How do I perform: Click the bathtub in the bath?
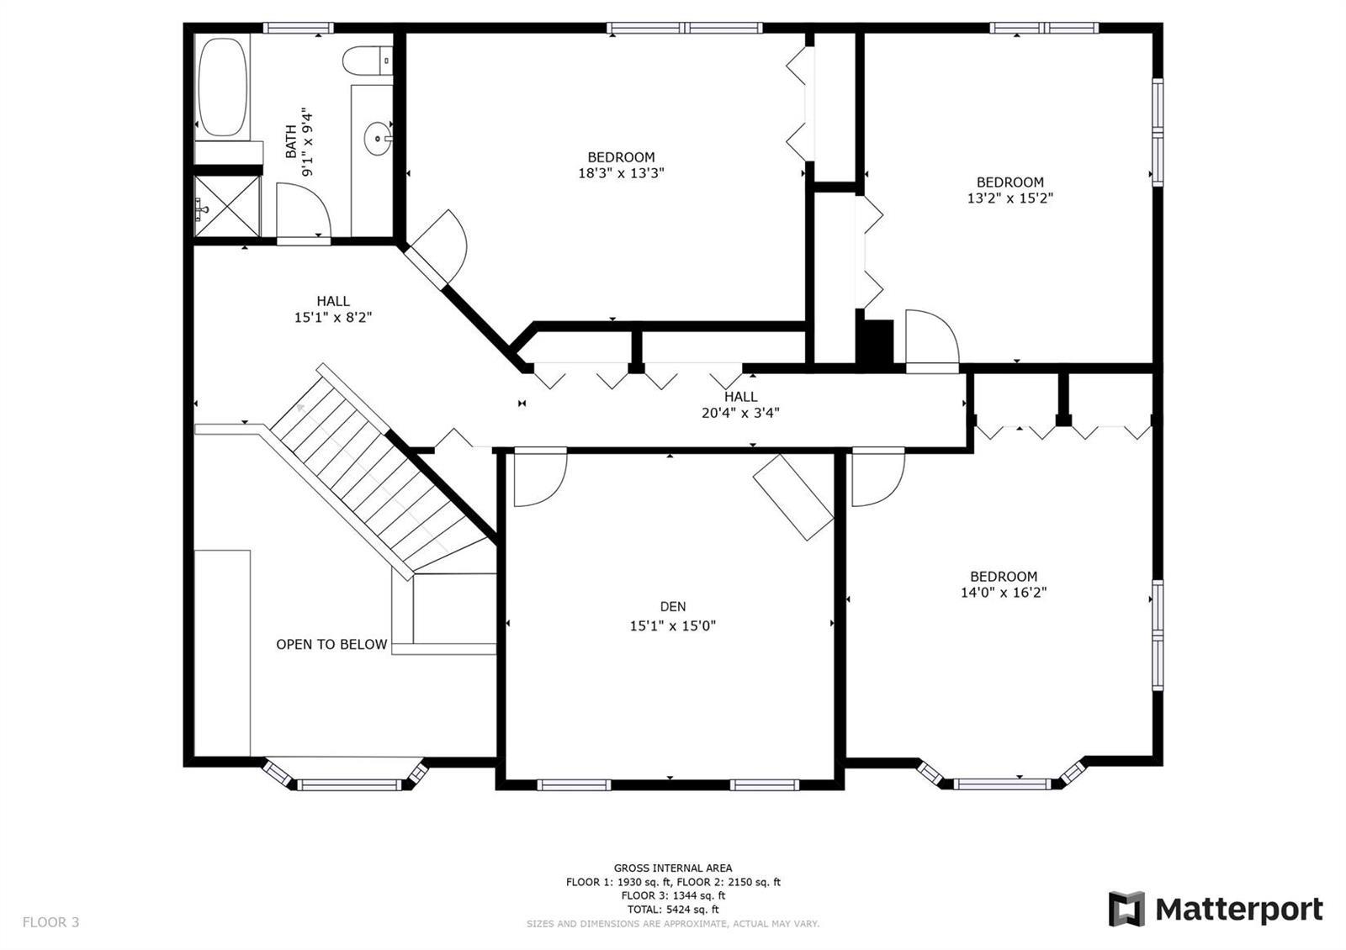click(x=222, y=87)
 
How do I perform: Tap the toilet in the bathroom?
click(x=367, y=61)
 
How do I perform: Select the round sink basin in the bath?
click(x=378, y=139)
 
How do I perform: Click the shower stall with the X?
click(x=227, y=206)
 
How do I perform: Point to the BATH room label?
click(x=291, y=142)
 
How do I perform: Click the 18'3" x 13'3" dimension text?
click(x=621, y=173)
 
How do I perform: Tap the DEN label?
click(x=672, y=606)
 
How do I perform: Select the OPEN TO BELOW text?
click(x=331, y=644)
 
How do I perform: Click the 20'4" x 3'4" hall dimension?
click(x=740, y=413)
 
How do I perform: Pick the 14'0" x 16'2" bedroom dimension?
click(x=1004, y=593)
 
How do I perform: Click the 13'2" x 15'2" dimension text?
click(x=1010, y=198)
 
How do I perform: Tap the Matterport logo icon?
click(x=1126, y=909)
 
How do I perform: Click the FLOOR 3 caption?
click(x=50, y=922)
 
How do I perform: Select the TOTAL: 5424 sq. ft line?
click(x=673, y=910)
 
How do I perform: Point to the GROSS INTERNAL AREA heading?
click(x=673, y=868)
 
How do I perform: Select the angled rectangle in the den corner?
click(x=793, y=497)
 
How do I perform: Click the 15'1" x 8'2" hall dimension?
click(x=333, y=318)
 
